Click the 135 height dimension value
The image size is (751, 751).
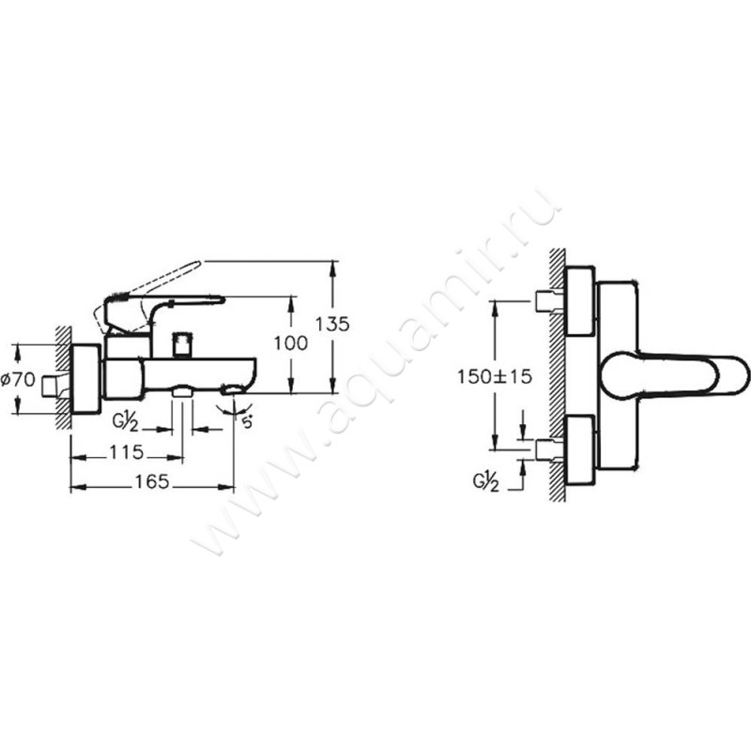332,324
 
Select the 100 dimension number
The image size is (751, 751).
291,343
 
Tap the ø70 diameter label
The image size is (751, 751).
18,380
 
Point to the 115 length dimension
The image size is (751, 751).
127,452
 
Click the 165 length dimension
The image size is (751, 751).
152,482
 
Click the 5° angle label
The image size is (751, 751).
247,423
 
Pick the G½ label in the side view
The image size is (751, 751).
125,423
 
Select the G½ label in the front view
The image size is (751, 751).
486,483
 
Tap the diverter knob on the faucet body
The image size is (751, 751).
182,344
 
